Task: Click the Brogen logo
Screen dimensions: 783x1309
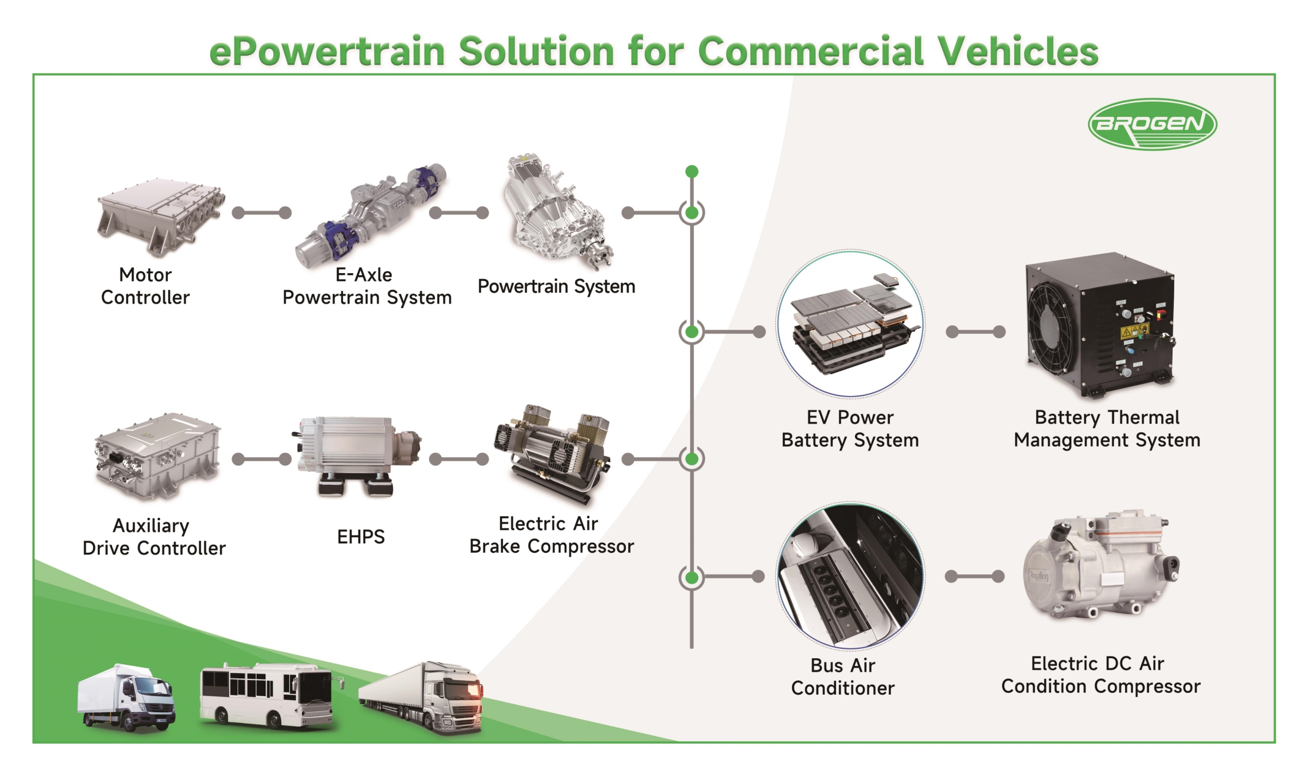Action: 1152,124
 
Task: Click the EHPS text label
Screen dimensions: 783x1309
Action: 361,536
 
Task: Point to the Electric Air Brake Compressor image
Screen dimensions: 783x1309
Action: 552,454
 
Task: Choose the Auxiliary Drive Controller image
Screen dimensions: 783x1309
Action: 157,457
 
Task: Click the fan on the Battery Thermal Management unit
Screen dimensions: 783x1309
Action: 1052,327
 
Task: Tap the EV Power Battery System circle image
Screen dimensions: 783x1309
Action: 849,323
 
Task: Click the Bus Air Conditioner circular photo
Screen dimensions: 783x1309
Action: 849,575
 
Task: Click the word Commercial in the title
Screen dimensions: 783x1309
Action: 810,51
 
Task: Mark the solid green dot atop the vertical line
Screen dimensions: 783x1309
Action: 692,172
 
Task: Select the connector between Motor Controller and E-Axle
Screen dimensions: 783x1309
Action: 262,213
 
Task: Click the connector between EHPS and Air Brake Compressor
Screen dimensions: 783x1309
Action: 459,459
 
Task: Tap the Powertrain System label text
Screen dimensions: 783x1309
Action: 556,286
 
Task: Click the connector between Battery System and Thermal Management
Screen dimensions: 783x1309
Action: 975,332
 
